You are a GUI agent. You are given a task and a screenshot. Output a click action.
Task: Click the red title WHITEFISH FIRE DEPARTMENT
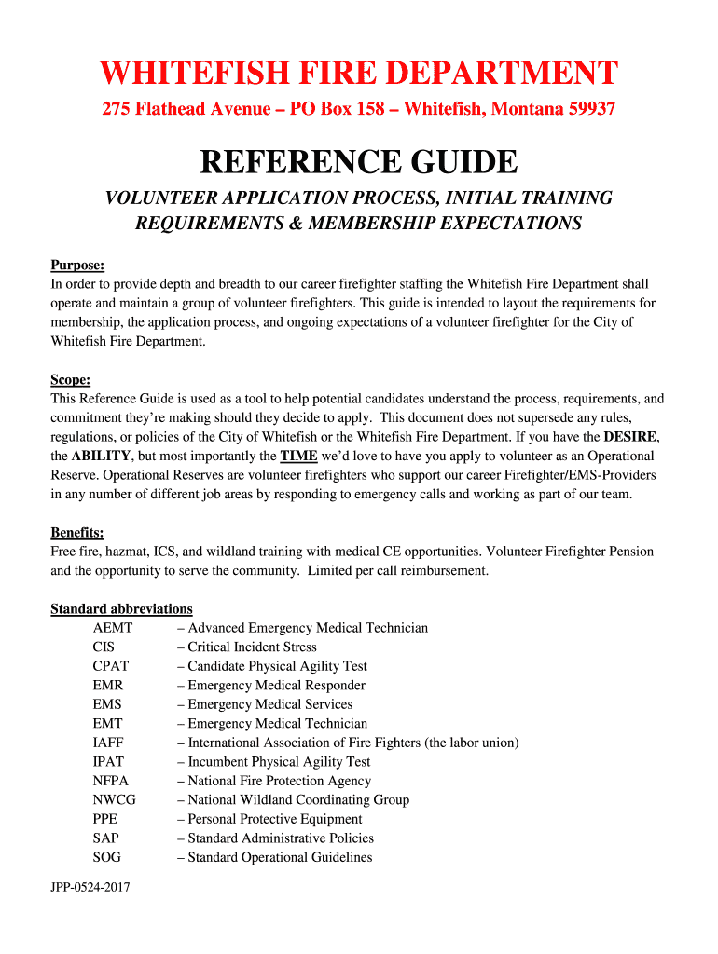point(359,73)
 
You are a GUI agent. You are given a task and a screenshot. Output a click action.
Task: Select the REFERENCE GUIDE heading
point(359,162)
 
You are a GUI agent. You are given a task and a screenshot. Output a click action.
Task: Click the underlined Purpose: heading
point(77,265)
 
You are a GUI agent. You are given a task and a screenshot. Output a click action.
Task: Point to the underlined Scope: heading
point(71,379)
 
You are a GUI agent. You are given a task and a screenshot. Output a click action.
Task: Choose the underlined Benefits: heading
point(77,533)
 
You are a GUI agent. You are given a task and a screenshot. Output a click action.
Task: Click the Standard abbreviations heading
point(121,608)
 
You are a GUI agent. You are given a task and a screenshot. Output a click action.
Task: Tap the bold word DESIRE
point(630,436)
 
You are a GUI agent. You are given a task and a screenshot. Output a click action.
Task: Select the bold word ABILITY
point(103,456)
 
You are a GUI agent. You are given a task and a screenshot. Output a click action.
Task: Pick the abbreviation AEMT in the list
point(113,628)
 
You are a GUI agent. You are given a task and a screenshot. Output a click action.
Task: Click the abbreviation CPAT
point(111,666)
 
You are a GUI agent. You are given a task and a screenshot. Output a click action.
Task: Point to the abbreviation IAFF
point(108,743)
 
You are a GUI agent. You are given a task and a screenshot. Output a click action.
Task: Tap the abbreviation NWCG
point(114,799)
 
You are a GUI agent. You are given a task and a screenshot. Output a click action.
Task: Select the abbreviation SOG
point(107,857)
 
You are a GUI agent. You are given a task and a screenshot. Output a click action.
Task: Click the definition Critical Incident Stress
point(252,647)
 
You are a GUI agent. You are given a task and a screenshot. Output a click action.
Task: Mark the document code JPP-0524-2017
point(90,888)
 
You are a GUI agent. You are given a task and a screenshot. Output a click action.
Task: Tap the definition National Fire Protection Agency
point(279,781)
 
